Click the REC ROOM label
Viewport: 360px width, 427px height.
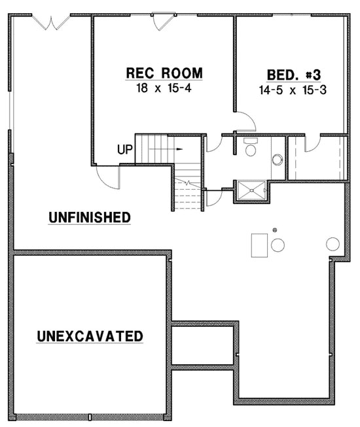(164, 72)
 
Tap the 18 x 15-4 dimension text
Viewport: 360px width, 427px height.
(164, 86)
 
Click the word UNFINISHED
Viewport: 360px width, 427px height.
(90, 217)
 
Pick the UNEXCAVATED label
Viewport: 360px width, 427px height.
(90, 337)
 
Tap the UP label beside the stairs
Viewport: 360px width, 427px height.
(125, 150)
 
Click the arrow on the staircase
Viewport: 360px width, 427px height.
(177, 148)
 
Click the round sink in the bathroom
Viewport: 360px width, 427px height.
(277, 158)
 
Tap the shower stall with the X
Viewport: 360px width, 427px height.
(251, 190)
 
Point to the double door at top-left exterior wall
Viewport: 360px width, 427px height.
(52, 21)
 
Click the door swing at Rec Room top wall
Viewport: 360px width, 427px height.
(162, 21)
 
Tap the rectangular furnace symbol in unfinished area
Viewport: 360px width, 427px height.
(259, 243)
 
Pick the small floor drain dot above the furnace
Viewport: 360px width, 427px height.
(275, 230)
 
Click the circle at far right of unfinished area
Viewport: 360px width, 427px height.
(333, 244)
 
